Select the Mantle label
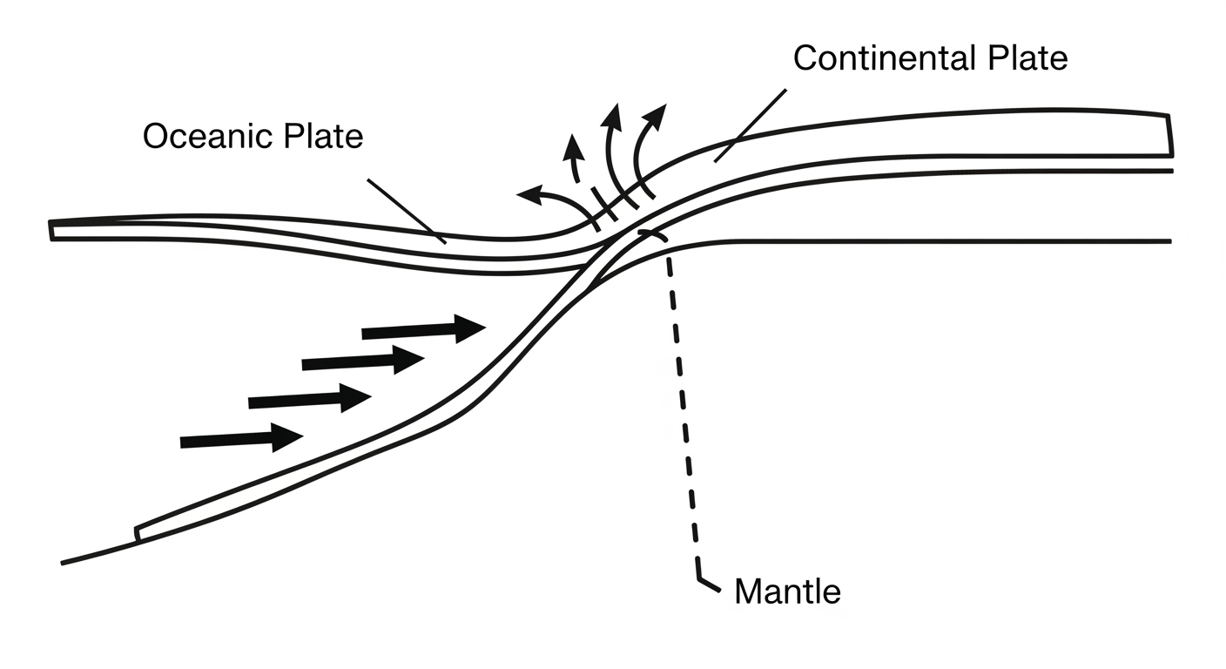pos(787,592)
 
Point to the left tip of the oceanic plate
pos(51,230)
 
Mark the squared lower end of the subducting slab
pos(137,532)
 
